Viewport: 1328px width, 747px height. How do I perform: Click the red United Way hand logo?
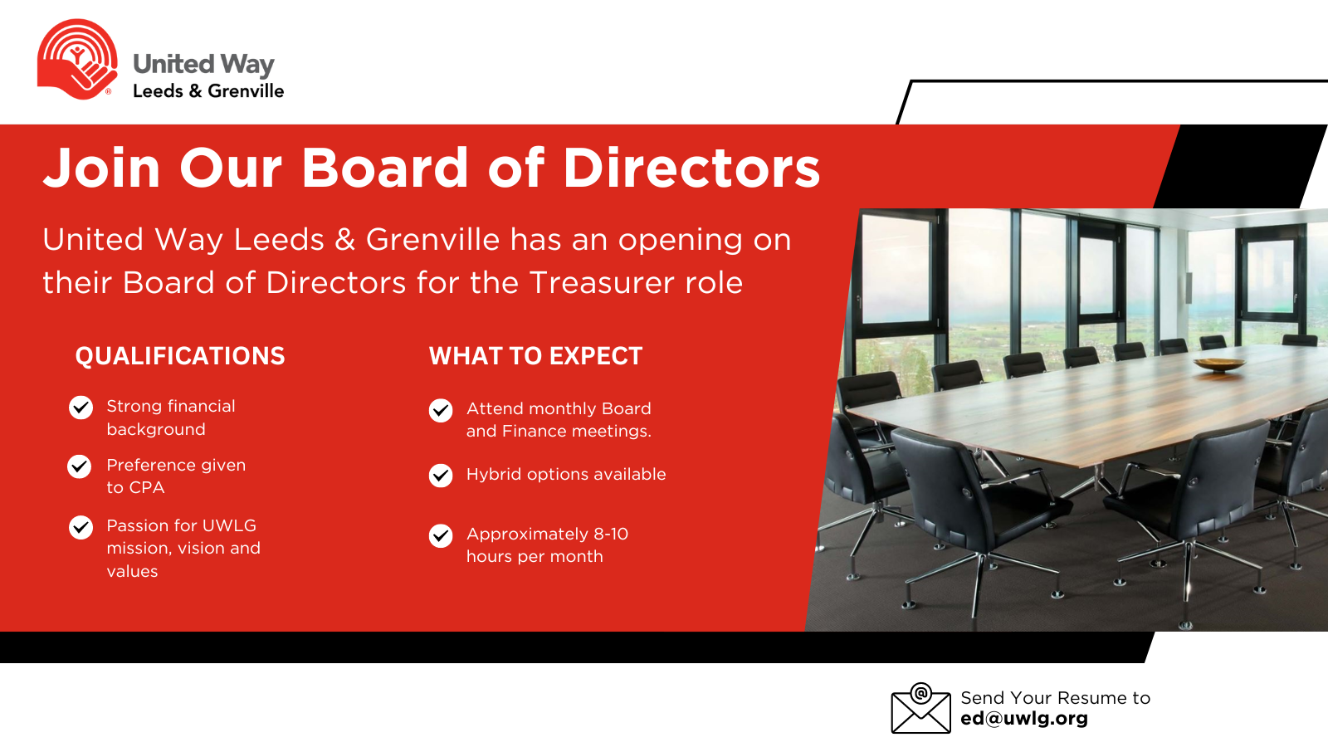(77, 59)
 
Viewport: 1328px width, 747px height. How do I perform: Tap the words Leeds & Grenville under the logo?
(208, 90)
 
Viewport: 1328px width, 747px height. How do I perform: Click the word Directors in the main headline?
(691, 168)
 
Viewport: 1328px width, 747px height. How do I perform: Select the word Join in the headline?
(101, 168)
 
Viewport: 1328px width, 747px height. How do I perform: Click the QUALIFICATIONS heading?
(180, 356)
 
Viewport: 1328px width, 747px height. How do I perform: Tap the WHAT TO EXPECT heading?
(536, 356)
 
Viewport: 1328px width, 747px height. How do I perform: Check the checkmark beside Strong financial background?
(81, 408)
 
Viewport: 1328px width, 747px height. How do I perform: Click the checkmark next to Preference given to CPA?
(79, 466)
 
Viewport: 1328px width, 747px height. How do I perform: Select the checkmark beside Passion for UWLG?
(81, 527)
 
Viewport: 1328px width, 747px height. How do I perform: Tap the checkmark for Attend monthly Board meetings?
(441, 410)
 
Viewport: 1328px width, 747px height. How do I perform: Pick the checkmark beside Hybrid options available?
(441, 476)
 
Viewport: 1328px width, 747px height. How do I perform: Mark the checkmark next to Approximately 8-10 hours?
(441, 536)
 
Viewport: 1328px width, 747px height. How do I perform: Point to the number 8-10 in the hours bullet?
(611, 535)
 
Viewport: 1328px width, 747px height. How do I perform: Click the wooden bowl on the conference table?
(1219, 364)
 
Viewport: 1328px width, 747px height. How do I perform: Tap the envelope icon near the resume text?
(920, 708)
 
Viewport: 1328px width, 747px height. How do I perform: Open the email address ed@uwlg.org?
(1024, 719)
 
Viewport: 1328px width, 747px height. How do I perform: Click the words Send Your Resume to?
(1055, 698)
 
